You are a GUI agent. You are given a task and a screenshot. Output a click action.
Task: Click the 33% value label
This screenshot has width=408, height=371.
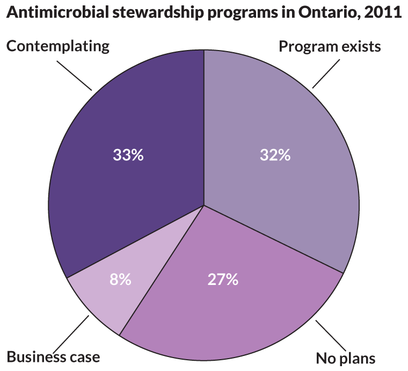click(x=128, y=155)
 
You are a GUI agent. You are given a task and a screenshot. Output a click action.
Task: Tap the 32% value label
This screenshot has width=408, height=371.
click(x=275, y=155)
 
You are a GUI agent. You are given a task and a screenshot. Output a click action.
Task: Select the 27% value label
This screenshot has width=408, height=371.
click(x=223, y=280)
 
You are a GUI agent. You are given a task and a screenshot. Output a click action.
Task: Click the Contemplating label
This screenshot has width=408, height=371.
click(x=58, y=46)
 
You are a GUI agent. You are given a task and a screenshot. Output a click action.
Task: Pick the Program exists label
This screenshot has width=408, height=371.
click(x=330, y=46)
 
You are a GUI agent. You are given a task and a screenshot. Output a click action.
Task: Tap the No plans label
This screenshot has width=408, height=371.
click(x=345, y=358)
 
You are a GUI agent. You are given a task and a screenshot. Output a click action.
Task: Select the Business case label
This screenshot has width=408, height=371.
click(x=53, y=356)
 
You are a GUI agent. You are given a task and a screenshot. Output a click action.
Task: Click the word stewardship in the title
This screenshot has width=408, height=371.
click(x=152, y=13)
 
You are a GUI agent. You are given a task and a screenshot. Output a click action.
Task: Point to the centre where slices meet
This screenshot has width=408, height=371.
click(x=204, y=205)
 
